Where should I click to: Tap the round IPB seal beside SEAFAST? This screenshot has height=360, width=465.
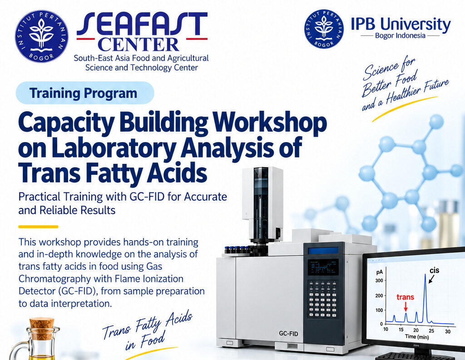tap(41, 36)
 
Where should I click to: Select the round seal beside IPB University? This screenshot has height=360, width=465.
tap(324, 29)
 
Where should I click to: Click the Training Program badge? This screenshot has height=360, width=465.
tap(85, 93)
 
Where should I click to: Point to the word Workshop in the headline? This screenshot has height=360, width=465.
tap(270, 123)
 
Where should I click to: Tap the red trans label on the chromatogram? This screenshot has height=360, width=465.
tap(405, 297)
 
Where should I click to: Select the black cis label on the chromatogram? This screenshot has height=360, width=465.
tap(435, 271)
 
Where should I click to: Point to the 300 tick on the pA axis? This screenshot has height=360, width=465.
tap(379, 281)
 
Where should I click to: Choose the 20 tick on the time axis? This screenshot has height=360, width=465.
tap(416, 330)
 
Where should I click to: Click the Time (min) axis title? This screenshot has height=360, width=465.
tap(417, 336)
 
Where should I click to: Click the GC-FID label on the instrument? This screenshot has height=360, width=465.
tap(288, 333)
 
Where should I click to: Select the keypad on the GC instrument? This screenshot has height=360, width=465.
tap(323, 299)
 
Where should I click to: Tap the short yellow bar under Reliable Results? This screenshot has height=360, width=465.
tap(38, 227)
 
